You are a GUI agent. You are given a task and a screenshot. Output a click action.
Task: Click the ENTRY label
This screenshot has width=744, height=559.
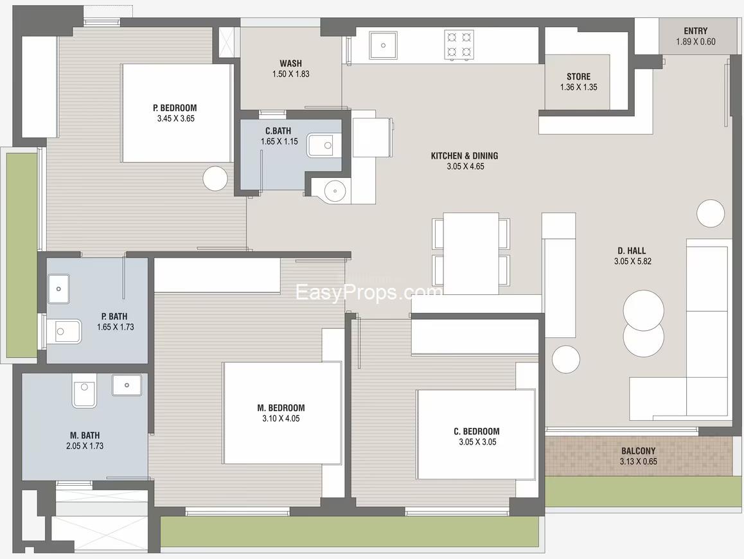tap(695, 31)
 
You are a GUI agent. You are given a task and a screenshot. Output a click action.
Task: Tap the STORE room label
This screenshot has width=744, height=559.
tap(578, 76)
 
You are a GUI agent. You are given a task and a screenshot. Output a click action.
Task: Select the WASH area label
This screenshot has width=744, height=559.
tap(290, 63)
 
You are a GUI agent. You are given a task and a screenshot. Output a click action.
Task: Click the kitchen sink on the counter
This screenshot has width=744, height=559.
tap(384, 46)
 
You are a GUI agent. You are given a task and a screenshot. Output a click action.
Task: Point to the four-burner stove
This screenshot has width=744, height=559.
tap(459, 44)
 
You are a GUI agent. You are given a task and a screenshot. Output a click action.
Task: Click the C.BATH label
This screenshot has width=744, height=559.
tap(278, 130)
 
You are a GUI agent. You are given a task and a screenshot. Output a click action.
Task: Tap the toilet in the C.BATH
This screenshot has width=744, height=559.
tap(324, 146)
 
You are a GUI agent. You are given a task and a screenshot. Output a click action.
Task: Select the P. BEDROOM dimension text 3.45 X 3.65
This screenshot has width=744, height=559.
tap(175, 119)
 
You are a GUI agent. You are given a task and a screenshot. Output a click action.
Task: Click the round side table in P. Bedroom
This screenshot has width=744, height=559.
tap(215, 179)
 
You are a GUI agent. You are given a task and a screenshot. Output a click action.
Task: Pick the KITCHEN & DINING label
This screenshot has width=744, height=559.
tap(465, 155)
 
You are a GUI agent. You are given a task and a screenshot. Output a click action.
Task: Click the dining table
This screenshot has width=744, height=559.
tap(471, 254)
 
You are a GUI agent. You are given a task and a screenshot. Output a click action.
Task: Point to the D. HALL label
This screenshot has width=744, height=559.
tap(632, 251)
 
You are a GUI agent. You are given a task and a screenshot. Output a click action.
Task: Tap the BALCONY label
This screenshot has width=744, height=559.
tap(638, 451)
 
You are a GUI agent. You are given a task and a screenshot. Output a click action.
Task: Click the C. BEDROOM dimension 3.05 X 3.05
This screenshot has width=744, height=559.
tap(477, 442)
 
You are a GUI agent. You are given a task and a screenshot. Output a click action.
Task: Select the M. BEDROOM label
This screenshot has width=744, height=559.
tap(281, 407)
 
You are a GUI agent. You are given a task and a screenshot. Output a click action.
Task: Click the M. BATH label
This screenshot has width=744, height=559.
tap(85, 435)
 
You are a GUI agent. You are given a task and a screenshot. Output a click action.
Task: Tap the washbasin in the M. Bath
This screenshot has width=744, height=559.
tap(127, 385)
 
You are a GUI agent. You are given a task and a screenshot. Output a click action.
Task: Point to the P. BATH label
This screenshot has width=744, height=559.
tap(114, 316)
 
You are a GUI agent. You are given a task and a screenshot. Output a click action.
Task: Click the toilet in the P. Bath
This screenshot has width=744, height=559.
tap(64, 332)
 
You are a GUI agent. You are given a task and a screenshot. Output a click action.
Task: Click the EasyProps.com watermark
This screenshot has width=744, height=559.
tap(368, 292)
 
